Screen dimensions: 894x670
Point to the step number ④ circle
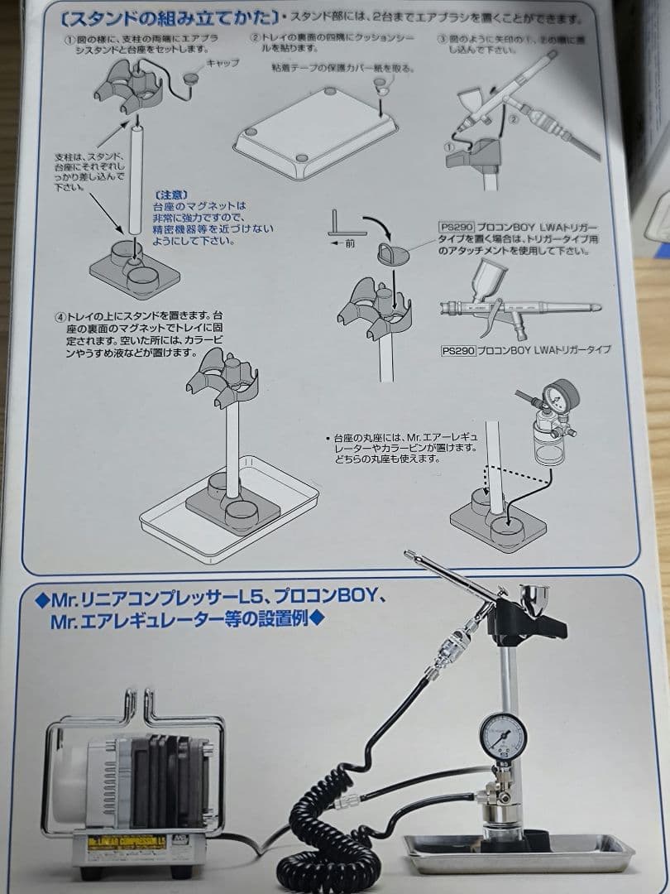pyautogui.click(x=60, y=317)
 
